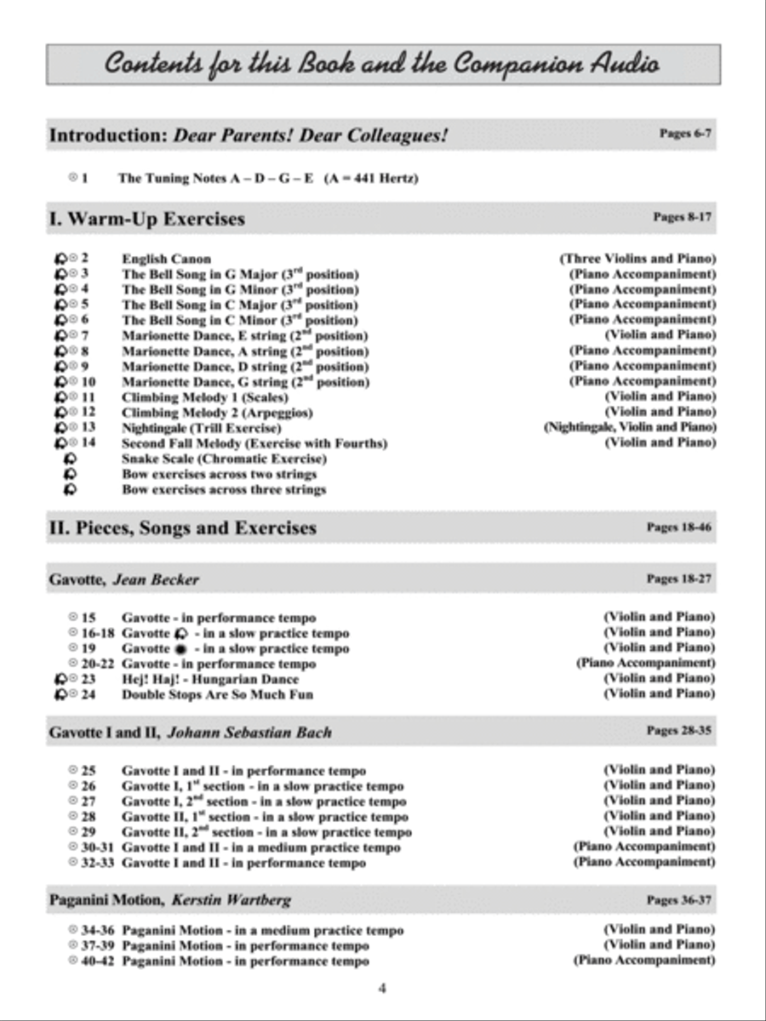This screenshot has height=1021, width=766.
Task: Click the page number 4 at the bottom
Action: (x=382, y=988)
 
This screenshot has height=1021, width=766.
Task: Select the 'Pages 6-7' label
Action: (x=685, y=134)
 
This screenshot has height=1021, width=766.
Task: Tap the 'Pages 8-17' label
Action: (x=682, y=217)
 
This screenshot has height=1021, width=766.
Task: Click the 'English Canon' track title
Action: (x=166, y=259)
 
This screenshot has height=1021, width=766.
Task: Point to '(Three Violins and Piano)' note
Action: (x=637, y=258)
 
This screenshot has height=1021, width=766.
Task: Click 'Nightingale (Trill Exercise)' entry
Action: (x=201, y=428)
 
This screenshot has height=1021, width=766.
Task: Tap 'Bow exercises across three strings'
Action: (x=223, y=489)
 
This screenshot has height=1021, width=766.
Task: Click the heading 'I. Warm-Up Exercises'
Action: (x=146, y=219)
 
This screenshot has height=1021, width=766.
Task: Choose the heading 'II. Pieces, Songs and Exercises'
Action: (x=182, y=528)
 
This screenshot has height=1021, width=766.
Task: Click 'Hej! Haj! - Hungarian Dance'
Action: (x=210, y=679)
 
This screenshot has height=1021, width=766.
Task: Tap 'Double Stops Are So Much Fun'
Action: (x=217, y=694)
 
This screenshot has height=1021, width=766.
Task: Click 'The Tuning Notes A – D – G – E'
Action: (x=216, y=179)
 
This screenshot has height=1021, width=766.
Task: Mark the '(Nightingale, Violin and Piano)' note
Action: (x=629, y=427)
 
